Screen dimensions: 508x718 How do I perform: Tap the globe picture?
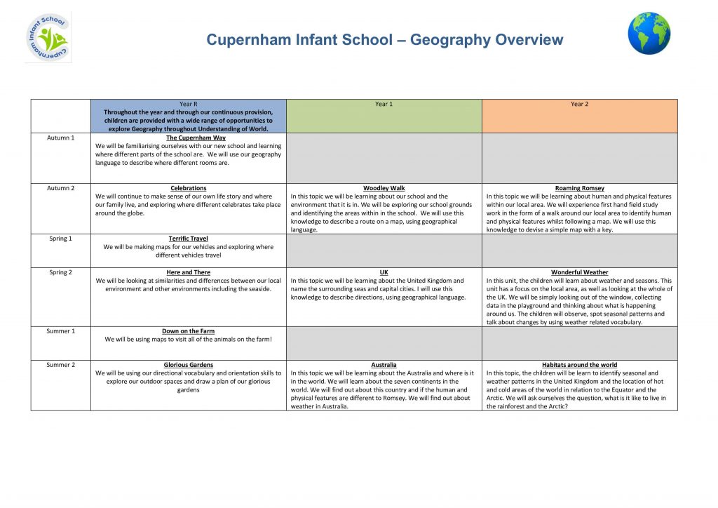pos(649,34)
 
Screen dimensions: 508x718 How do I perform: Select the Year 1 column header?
pos(384,105)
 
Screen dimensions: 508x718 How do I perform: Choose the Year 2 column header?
pos(579,105)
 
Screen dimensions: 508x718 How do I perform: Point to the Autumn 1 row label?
pos(60,138)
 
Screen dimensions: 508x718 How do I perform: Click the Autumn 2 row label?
pos(60,188)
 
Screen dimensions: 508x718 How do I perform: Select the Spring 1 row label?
pos(60,239)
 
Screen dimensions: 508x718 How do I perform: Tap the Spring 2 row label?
pos(60,272)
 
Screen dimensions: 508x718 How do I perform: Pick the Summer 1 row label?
pos(60,331)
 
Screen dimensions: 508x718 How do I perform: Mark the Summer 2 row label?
pos(60,365)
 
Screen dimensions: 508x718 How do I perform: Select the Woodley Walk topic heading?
pos(384,188)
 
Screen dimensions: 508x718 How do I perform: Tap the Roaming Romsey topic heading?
pos(579,188)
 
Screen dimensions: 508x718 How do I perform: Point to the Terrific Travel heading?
pos(188,239)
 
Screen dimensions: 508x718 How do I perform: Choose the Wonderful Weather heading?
pos(579,272)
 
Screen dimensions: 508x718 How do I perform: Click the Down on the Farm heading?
pos(188,331)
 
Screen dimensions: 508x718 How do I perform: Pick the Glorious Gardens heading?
pos(188,365)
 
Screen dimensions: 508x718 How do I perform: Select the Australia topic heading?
pos(384,365)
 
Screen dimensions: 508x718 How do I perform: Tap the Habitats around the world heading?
pos(579,365)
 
